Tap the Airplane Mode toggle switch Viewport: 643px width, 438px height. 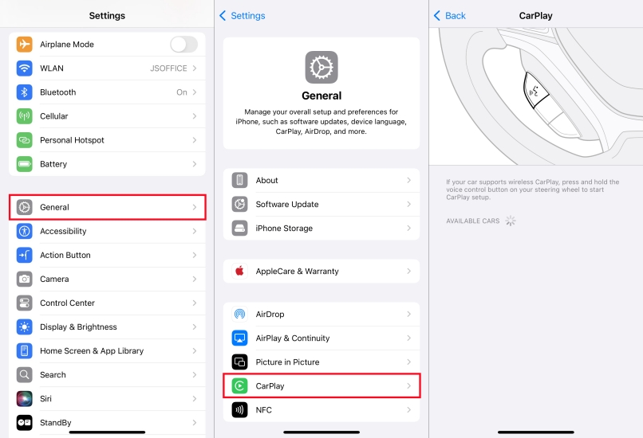(x=183, y=45)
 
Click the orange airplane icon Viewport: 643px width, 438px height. (x=25, y=45)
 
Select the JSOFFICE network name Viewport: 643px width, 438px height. (x=168, y=68)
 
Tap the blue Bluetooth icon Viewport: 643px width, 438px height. (x=25, y=92)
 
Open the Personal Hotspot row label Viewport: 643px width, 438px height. (x=72, y=140)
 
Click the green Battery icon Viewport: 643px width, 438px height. (x=25, y=164)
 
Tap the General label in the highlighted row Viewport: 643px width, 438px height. (x=54, y=207)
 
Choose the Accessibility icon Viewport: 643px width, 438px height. (x=25, y=231)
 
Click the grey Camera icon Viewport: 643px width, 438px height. (x=25, y=279)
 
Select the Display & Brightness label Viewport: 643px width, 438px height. (x=78, y=327)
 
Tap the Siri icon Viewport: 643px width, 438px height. (x=25, y=399)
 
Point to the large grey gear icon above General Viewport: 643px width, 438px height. (x=321, y=67)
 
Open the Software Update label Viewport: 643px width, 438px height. (x=287, y=204)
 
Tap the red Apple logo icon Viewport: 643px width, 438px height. (x=240, y=271)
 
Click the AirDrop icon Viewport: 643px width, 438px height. (x=240, y=314)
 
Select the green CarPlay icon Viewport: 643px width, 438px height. (x=240, y=386)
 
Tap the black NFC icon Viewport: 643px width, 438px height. (x=240, y=410)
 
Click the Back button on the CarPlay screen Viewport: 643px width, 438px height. (x=450, y=16)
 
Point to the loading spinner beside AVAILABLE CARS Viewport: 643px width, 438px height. (x=511, y=221)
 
